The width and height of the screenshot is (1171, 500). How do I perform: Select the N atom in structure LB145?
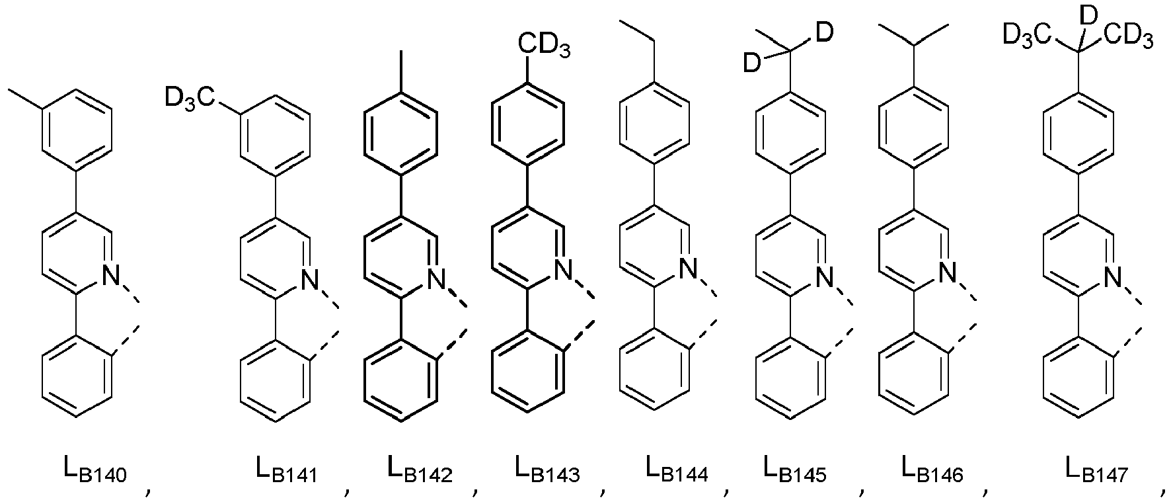point(823,275)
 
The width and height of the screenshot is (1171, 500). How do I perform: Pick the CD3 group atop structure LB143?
point(543,46)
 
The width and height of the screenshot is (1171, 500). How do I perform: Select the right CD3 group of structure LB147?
point(1127,36)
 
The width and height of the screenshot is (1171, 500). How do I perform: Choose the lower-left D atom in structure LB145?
point(751,63)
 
